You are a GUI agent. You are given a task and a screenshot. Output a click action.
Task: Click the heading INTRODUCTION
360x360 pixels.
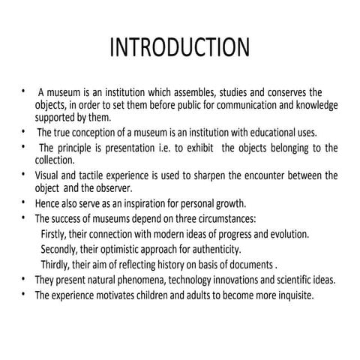point(179,49)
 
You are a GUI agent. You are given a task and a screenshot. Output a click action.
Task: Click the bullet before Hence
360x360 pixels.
point(24,202)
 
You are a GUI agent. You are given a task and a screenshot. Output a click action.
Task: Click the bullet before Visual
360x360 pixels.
point(24,174)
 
